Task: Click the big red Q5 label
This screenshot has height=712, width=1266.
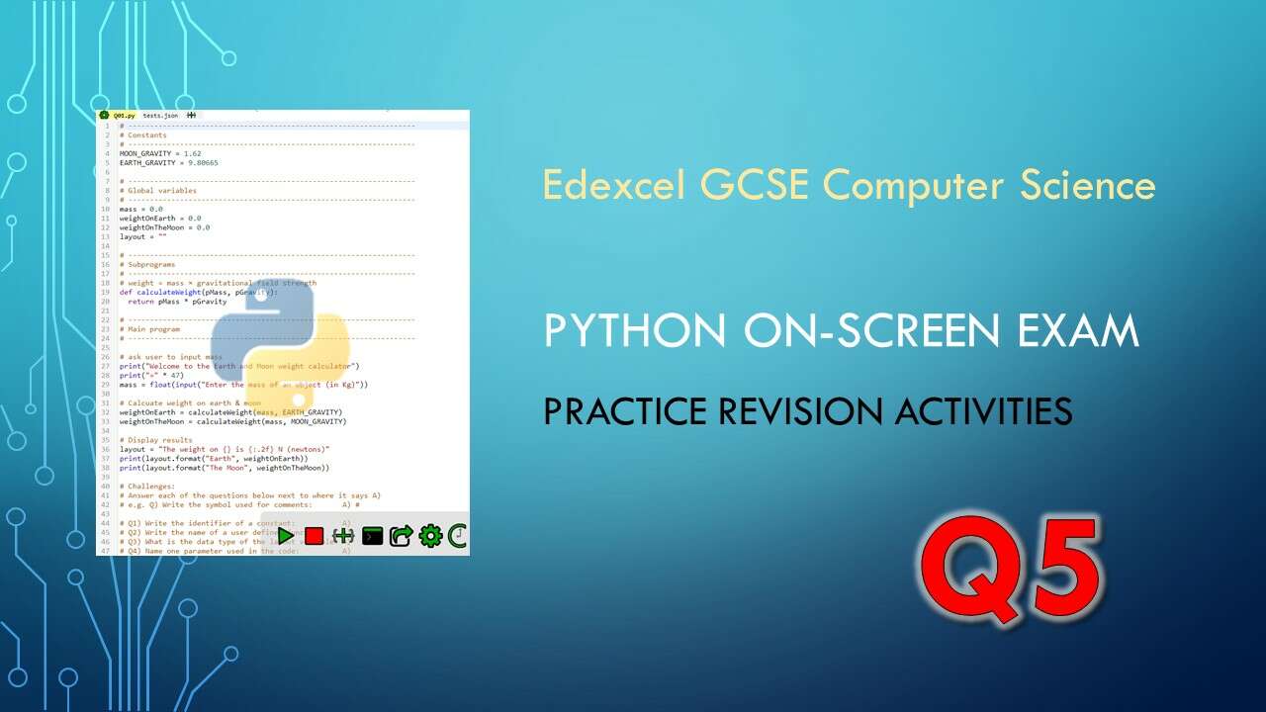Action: point(1010,569)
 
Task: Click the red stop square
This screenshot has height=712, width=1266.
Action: point(314,536)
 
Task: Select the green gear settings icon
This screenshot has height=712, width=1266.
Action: point(429,536)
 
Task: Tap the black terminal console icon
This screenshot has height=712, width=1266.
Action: point(372,536)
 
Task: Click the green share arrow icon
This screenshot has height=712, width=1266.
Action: point(401,536)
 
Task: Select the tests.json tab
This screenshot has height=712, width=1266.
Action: point(160,116)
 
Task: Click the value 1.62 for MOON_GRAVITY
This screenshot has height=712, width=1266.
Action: point(192,154)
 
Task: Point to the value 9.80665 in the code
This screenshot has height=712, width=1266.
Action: point(201,163)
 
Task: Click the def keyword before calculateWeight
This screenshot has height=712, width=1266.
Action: point(126,293)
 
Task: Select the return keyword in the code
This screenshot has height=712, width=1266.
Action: point(139,302)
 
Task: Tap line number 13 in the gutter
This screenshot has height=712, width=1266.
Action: point(105,237)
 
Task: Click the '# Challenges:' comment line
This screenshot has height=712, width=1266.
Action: point(147,487)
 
